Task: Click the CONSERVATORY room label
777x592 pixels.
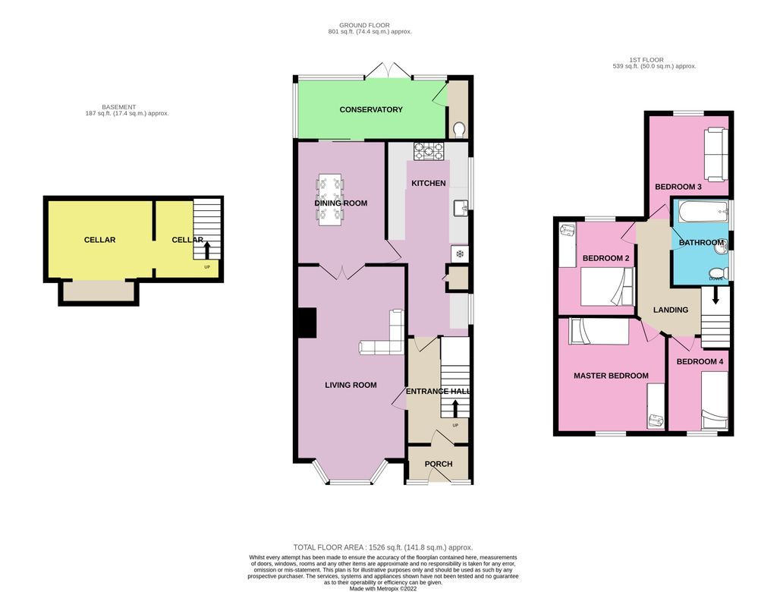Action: click(371, 110)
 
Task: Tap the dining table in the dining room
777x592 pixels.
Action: click(330, 200)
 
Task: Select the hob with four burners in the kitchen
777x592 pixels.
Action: click(428, 152)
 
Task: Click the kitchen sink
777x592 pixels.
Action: click(460, 207)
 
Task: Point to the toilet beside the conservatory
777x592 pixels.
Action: click(458, 130)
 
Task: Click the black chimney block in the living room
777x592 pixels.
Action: click(306, 323)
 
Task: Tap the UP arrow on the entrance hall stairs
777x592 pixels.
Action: click(455, 408)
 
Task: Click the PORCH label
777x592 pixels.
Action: click(439, 464)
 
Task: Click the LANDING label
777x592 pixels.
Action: click(671, 310)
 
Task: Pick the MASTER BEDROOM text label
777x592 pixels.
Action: click(611, 376)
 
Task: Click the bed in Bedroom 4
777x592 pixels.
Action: click(715, 398)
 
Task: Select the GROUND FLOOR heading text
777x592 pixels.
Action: click(364, 25)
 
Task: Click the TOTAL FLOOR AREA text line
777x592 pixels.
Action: click(382, 547)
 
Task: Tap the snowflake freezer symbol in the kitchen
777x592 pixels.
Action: click(458, 254)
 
